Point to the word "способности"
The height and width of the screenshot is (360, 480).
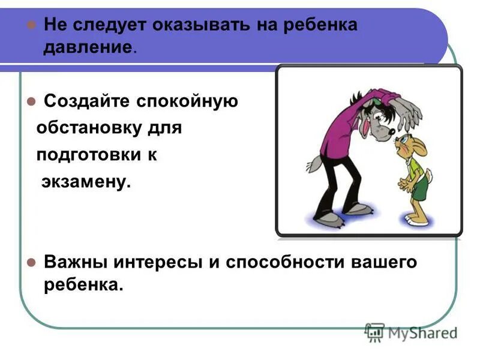coord(278,263)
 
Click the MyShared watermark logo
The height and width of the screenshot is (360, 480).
coord(411,332)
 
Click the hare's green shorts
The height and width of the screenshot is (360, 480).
coord(420,188)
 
